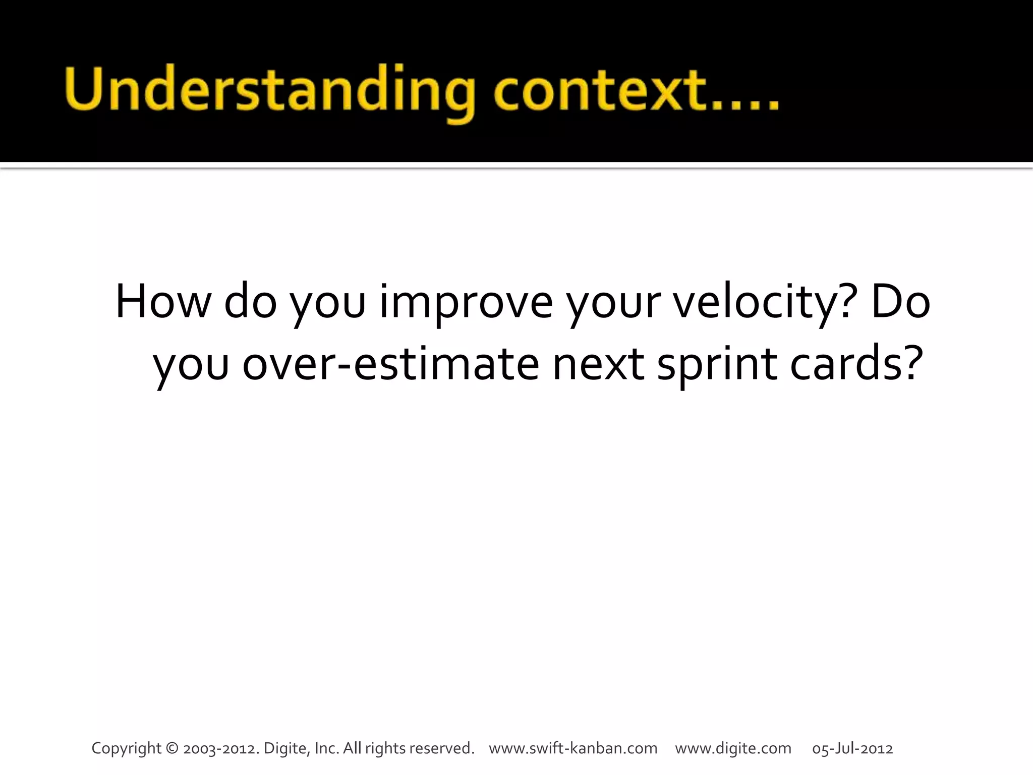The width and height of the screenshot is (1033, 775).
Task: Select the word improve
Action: click(x=466, y=302)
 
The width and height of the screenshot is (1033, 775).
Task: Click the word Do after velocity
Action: click(x=900, y=302)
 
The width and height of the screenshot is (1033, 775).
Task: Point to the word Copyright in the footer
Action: click(x=127, y=748)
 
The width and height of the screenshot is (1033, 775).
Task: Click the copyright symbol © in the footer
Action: click(x=173, y=748)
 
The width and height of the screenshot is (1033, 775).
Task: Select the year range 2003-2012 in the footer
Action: click(x=221, y=748)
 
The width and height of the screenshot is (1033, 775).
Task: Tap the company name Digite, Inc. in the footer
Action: click(x=302, y=748)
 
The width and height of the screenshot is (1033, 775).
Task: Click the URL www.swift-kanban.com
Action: click(x=573, y=748)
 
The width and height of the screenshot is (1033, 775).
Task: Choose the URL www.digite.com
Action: click(x=733, y=748)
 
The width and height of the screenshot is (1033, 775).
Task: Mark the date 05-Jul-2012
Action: click(x=852, y=748)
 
